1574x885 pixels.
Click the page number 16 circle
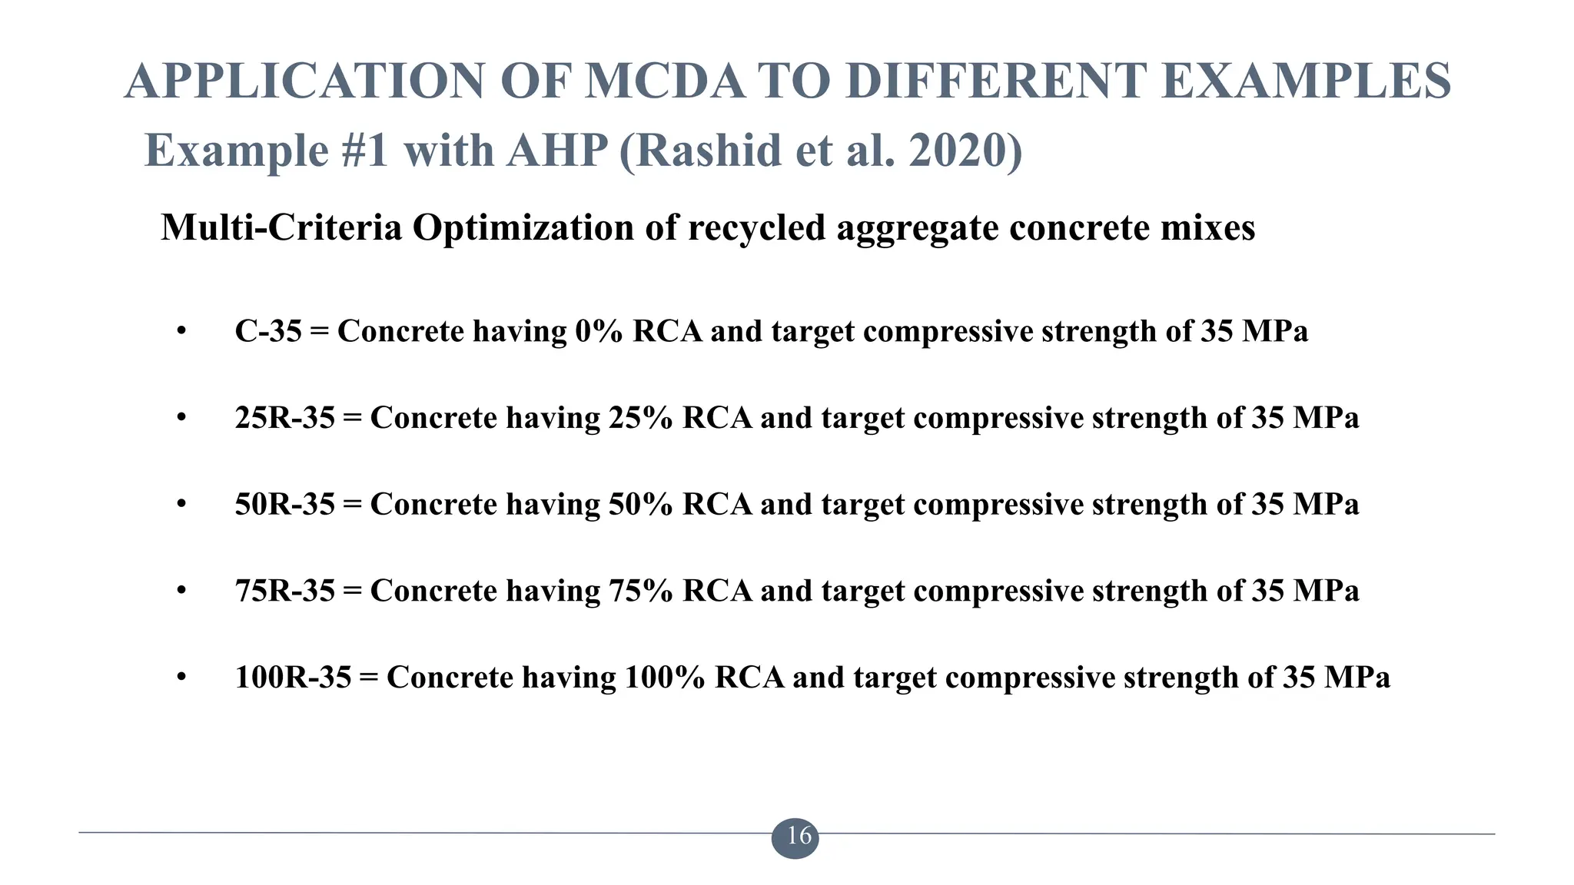tap(795, 836)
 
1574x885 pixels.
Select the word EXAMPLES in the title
tap(1306, 81)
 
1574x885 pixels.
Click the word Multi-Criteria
tap(281, 227)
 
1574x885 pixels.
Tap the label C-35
tap(268, 332)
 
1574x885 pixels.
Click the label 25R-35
tap(285, 419)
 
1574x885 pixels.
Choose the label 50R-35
tap(285, 505)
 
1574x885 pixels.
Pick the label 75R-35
tap(285, 592)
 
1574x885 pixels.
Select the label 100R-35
tap(293, 678)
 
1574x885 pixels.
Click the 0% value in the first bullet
tap(598, 332)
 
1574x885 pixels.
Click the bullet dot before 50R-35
tap(181, 505)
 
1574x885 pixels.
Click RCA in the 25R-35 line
tap(716, 419)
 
